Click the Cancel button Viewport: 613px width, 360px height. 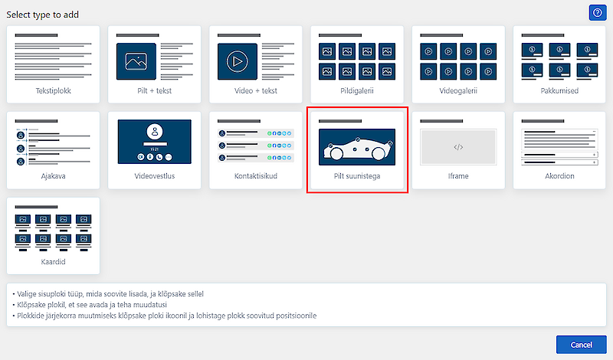[x=582, y=345]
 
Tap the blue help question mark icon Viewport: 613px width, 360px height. [x=598, y=13]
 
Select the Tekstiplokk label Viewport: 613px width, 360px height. [x=53, y=90]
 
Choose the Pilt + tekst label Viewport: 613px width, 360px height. [x=155, y=90]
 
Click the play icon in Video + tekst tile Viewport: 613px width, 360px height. [x=238, y=61]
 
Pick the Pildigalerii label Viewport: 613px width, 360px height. [x=357, y=90]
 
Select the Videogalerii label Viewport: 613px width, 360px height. [x=458, y=90]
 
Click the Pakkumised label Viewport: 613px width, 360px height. [x=559, y=90]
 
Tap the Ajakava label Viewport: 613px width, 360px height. [x=53, y=176]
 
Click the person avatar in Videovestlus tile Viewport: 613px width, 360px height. [x=155, y=132]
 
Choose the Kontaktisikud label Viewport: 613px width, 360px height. [x=256, y=176]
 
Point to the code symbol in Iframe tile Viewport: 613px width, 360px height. [x=458, y=147]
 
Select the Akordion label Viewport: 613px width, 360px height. [x=559, y=176]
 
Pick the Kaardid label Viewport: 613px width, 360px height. [x=53, y=261]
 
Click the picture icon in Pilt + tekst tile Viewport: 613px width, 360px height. [x=136, y=61]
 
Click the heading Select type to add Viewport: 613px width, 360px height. [x=43, y=15]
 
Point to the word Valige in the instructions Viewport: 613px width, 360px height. [x=27, y=294]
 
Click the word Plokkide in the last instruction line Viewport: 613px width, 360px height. [x=30, y=316]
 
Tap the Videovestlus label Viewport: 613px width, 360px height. [x=155, y=176]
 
